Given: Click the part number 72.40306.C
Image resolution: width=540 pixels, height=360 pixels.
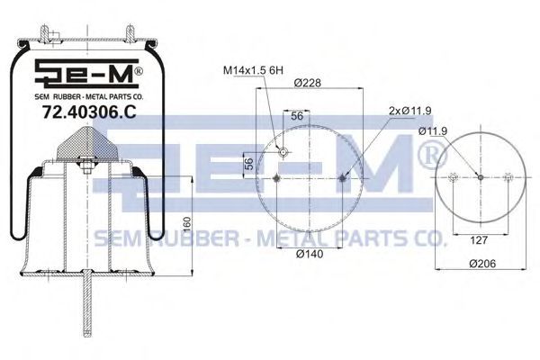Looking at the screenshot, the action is pos(89,112).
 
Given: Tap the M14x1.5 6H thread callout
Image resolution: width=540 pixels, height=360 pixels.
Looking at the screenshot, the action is pos(253,70).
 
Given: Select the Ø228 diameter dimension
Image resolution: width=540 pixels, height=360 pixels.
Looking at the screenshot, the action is pos(307,83).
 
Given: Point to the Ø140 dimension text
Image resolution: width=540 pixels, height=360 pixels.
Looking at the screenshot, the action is pos(310,254).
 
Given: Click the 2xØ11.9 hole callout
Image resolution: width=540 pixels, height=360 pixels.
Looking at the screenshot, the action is pos(409,111).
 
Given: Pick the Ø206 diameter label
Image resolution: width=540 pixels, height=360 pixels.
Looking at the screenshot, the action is pos(482,264).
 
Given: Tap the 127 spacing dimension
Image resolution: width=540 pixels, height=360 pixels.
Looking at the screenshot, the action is pos(479,239).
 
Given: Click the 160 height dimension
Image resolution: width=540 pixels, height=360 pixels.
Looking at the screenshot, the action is pos(186,225).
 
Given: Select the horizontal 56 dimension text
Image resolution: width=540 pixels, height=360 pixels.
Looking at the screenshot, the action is pos(297,116).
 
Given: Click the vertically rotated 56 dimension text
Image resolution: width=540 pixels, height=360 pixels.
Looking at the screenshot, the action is pos(249,163).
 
